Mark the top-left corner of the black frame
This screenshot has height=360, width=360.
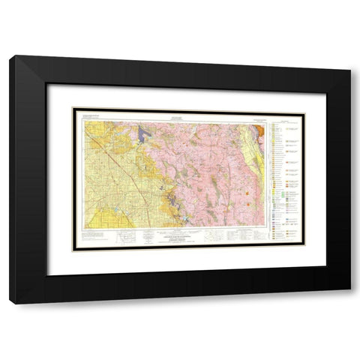(x=11, y=55)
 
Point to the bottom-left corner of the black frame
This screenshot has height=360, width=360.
(x=11, y=303)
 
